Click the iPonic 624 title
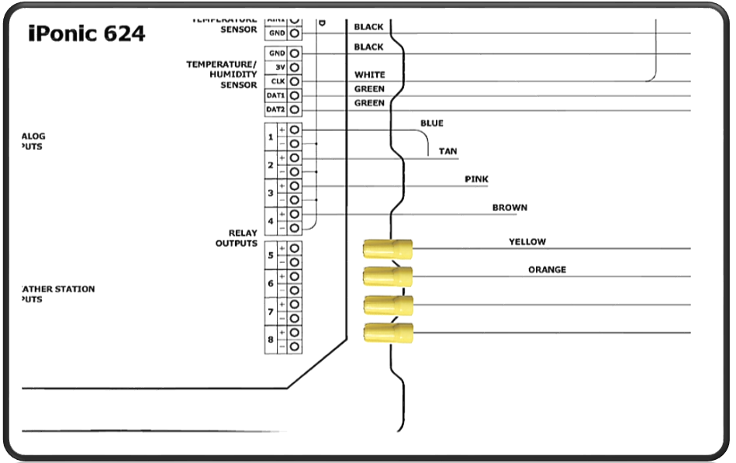coord(86,33)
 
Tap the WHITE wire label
coord(369,75)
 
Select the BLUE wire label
coord(432,123)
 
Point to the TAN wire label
coord(448,151)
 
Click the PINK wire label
coord(476,179)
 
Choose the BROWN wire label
coord(510,208)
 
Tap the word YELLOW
coord(527,242)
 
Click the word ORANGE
coord(547,270)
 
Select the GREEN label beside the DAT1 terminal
coord(369,89)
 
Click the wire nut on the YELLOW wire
coord(388,249)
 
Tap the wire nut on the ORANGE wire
coord(388,276)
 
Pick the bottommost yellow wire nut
coord(388,333)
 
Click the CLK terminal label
coord(276,81)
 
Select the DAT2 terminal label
coord(275,109)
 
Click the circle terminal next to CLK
coord(295,81)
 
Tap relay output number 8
coord(271,340)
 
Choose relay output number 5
coord(271,255)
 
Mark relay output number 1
coord(271,137)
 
